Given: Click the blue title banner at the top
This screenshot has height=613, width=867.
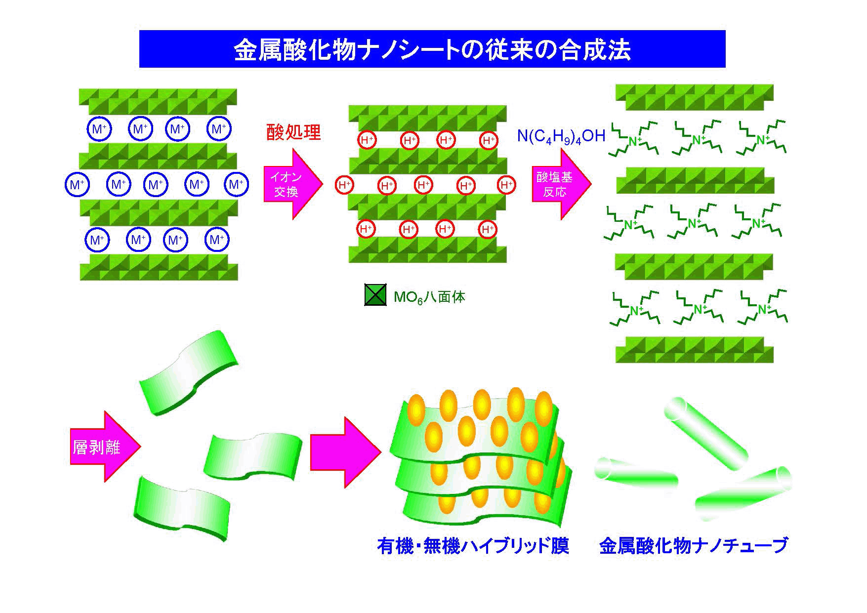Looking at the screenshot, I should [432, 49].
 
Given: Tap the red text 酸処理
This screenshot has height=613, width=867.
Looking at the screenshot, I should [293, 132].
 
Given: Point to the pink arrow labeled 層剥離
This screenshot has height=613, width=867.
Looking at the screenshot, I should [104, 447].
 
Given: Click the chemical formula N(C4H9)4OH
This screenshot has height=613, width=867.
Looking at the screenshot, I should [561, 136].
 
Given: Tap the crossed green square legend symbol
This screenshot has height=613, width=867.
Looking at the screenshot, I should [375, 296].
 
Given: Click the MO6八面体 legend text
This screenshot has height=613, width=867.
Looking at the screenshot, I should [429, 297].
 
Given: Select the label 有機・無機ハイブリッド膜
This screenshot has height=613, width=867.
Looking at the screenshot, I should [473, 546].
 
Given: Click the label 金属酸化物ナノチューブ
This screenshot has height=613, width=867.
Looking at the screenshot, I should [693, 546].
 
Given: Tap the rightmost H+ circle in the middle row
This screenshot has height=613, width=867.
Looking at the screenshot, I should [506, 185].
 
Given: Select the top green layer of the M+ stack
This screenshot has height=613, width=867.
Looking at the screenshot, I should [158, 101].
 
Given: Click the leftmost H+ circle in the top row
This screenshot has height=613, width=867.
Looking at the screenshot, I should [367, 140].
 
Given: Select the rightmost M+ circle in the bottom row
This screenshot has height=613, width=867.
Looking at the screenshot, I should [216, 240].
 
